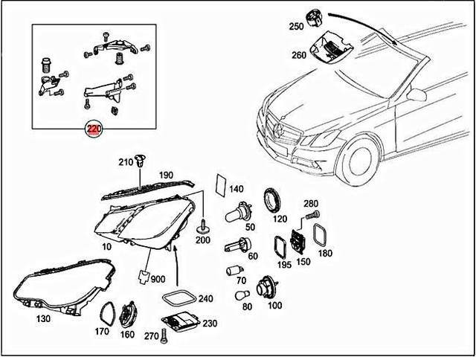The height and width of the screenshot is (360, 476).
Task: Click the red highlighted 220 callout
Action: [x=93, y=129]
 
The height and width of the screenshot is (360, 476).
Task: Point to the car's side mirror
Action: [x=416, y=95]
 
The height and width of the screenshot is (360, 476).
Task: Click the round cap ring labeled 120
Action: [x=274, y=201]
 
